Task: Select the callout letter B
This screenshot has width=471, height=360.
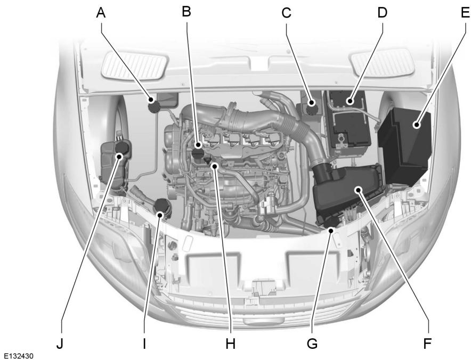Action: [186, 11]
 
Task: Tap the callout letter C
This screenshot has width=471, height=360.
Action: [287, 13]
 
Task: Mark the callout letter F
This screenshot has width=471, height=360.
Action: [428, 343]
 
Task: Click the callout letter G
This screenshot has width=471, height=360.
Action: [312, 343]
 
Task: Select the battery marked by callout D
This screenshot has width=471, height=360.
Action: [346, 122]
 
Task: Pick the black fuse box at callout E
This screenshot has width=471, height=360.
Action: [405, 144]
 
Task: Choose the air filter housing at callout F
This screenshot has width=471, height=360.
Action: [349, 194]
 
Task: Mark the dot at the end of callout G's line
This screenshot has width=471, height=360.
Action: [331, 230]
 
